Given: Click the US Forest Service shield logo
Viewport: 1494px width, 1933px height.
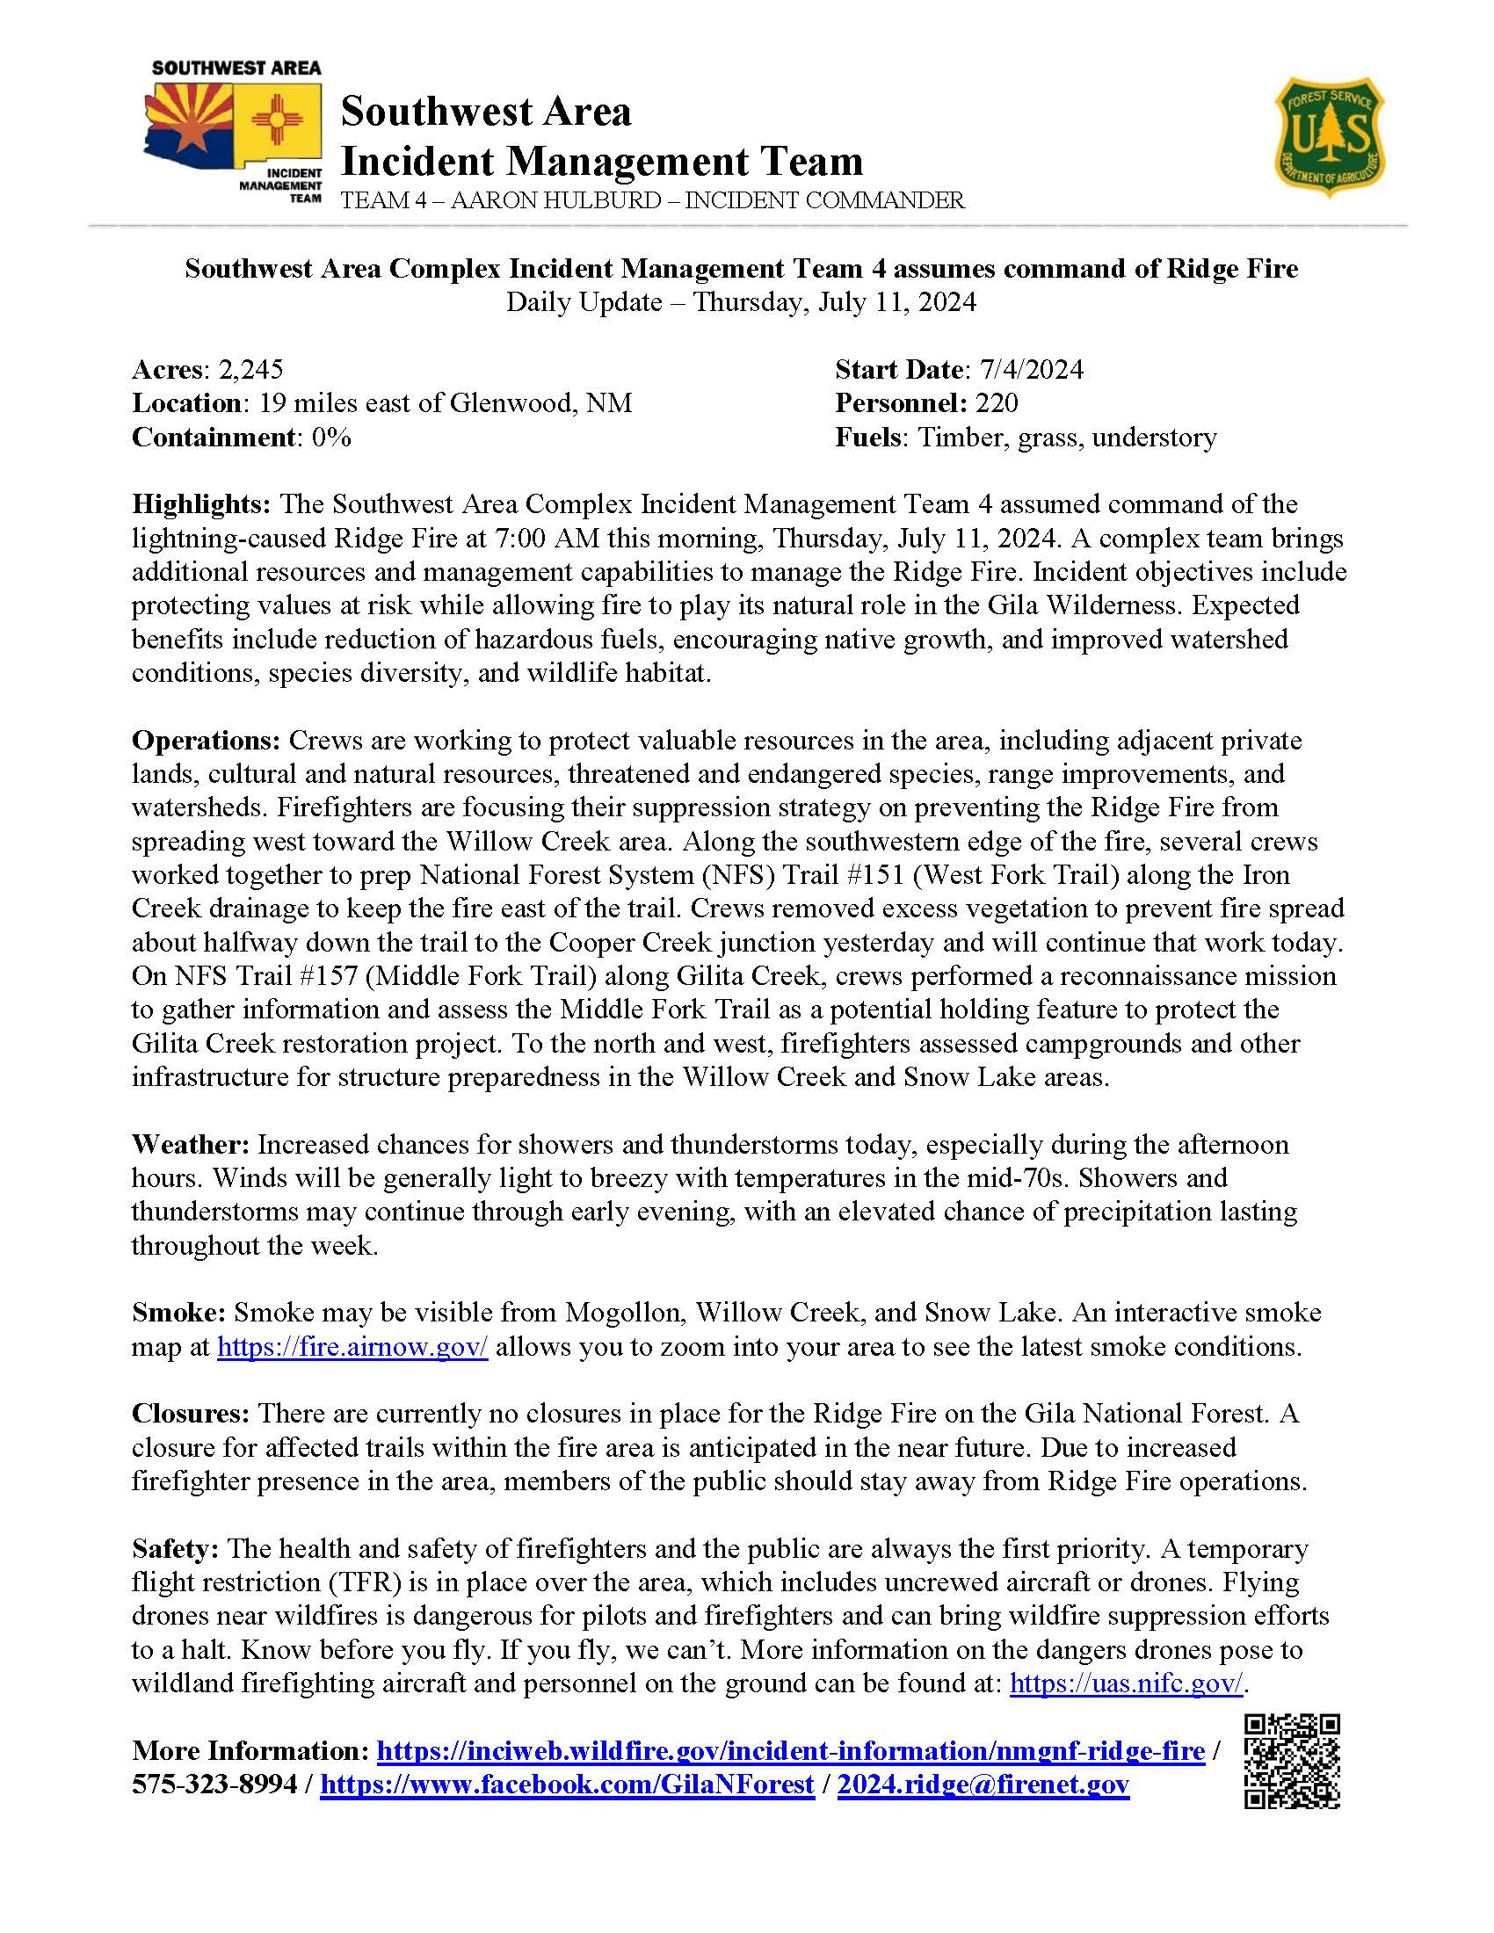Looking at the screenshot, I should (x=1330, y=136).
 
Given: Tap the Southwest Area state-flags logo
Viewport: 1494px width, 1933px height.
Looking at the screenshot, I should (x=234, y=133).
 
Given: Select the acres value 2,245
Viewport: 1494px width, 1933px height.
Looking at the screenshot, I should (x=250, y=369).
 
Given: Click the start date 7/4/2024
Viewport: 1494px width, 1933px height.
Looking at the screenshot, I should (x=1026, y=369).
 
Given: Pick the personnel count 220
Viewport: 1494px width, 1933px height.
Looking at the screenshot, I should (x=997, y=402).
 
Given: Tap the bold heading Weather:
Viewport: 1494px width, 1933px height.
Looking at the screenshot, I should (x=191, y=1144).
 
